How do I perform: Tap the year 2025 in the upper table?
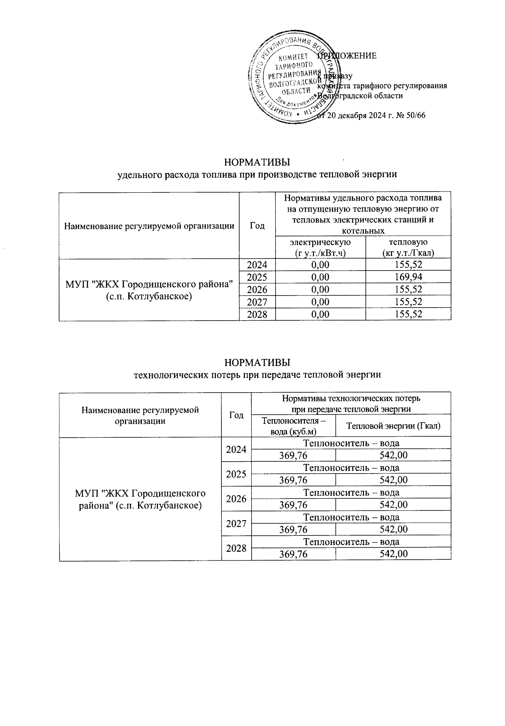coord(257,277)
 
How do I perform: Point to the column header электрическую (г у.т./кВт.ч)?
coord(321,247)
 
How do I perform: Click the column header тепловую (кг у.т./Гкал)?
coord(408,247)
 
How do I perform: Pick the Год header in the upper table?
coord(257,226)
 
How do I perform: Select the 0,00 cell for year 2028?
coord(321,314)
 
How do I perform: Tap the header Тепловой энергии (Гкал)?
coord(393,426)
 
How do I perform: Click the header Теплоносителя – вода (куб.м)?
coord(293,426)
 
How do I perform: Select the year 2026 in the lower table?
coord(236,499)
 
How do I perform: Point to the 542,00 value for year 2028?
coord(393,554)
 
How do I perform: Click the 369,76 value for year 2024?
coord(293,455)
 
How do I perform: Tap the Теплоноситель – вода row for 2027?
coord(351,517)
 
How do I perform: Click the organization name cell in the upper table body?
coord(149,290)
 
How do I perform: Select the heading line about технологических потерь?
coord(257,375)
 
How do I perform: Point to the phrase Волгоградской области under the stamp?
coord(360,96)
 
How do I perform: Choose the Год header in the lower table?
coord(236,415)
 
